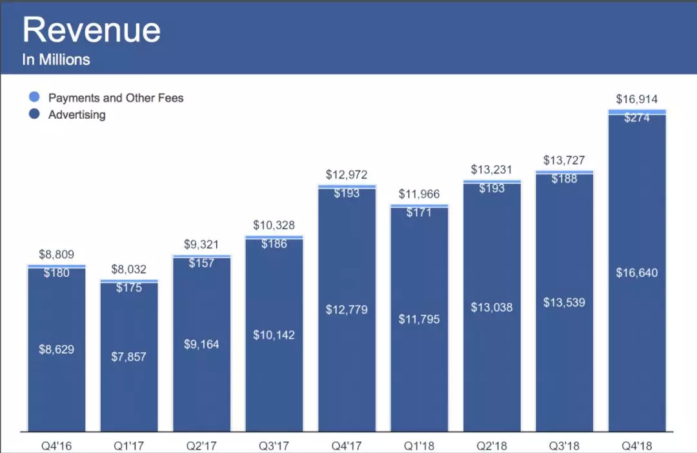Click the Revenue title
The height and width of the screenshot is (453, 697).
point(91,30)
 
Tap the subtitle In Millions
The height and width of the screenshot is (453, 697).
point(56,59)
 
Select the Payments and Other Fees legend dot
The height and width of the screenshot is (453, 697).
point(35,97)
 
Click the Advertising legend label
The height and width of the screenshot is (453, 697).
point(77,115)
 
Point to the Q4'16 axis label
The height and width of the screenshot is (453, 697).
point(56,446)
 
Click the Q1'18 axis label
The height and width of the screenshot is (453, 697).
point(419,446)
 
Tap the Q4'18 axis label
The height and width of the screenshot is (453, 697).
point(637,446)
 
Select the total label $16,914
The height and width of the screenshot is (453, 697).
point(637,99)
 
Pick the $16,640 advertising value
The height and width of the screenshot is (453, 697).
point(637,273)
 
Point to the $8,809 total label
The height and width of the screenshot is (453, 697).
point(56,254)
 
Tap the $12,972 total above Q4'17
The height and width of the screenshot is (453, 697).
point(347,174)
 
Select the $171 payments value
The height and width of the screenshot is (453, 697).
point(419,212)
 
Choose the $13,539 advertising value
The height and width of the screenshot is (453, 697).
point(565,302)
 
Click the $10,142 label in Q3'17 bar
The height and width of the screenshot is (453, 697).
point(274,334)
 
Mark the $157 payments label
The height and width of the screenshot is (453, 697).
point(201,263)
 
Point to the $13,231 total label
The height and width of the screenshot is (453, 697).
point(492,170)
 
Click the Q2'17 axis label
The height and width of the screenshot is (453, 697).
point(201,446)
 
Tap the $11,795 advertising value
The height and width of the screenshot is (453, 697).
point(419,319)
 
